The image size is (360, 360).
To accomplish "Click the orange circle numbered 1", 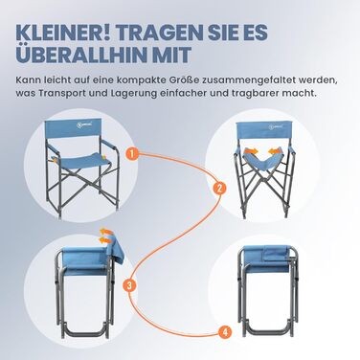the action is [x=132, y=153].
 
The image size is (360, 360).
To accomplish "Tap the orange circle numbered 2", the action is [x=219, y=188].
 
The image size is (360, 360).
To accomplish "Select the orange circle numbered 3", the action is [x=128, y=285].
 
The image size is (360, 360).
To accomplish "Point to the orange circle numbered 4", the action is [x=225, y=332].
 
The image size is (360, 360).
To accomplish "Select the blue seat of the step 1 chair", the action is [x=81, y=159].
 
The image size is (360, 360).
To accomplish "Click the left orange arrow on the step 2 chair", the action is [x=250, y=152].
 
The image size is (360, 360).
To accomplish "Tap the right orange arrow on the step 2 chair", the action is [x=275, y=151].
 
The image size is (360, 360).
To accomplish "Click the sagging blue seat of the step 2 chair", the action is [x=262, y=162].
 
